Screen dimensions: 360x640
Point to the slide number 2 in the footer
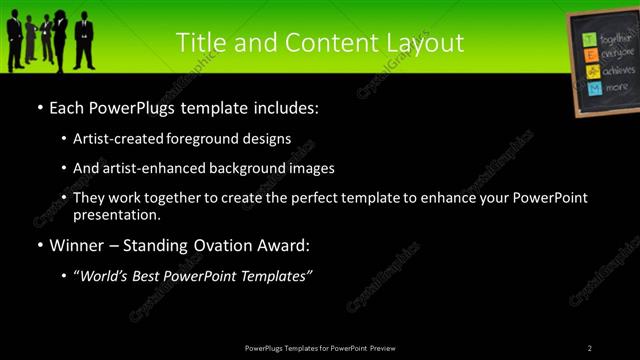tap(590, 348)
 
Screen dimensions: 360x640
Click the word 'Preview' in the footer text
tap(389, 348)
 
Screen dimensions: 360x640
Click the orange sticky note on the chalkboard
tap(593, 72)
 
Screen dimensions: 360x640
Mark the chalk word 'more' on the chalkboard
tap(617, 87)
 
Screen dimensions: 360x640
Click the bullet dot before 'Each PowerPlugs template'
tap(39, 107)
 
